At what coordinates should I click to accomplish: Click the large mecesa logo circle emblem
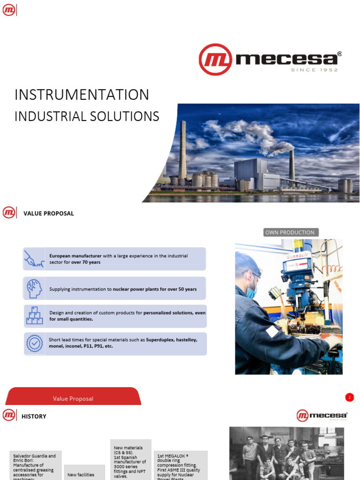point(215,60)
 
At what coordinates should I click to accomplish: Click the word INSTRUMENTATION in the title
point(82,95)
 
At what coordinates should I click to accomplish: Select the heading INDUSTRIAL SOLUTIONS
point(87,116)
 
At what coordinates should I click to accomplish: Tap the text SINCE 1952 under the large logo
point(314,70)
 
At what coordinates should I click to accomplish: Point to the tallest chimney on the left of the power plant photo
point(182,150)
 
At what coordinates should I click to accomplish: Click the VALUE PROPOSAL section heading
point(49,214)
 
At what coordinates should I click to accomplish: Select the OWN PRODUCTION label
point(290,232)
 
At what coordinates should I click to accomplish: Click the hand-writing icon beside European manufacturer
point(34,259)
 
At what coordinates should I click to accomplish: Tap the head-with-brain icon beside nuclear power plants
point(34,289)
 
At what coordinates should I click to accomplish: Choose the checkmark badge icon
point(34,344)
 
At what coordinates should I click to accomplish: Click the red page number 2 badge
point(349,397)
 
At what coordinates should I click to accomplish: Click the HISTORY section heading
point(34,416)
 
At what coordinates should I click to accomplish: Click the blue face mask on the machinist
point(252,292)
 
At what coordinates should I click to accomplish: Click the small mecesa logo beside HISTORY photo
point(322,416)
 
